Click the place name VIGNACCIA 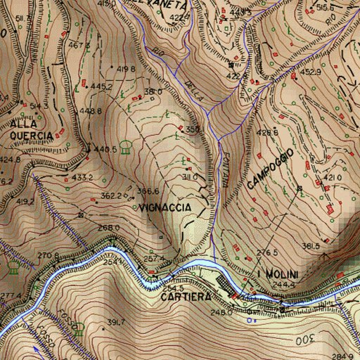coord(165,208)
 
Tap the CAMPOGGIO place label coord(269,169)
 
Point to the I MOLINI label coord(278,274)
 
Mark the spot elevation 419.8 coord(126,68)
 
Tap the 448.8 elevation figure coord(94,110)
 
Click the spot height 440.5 coord(105,150)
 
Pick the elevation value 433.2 coord(82,178)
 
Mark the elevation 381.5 coord(311,245)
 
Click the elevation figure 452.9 coord(311,72)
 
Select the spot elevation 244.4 coord(284,284)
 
